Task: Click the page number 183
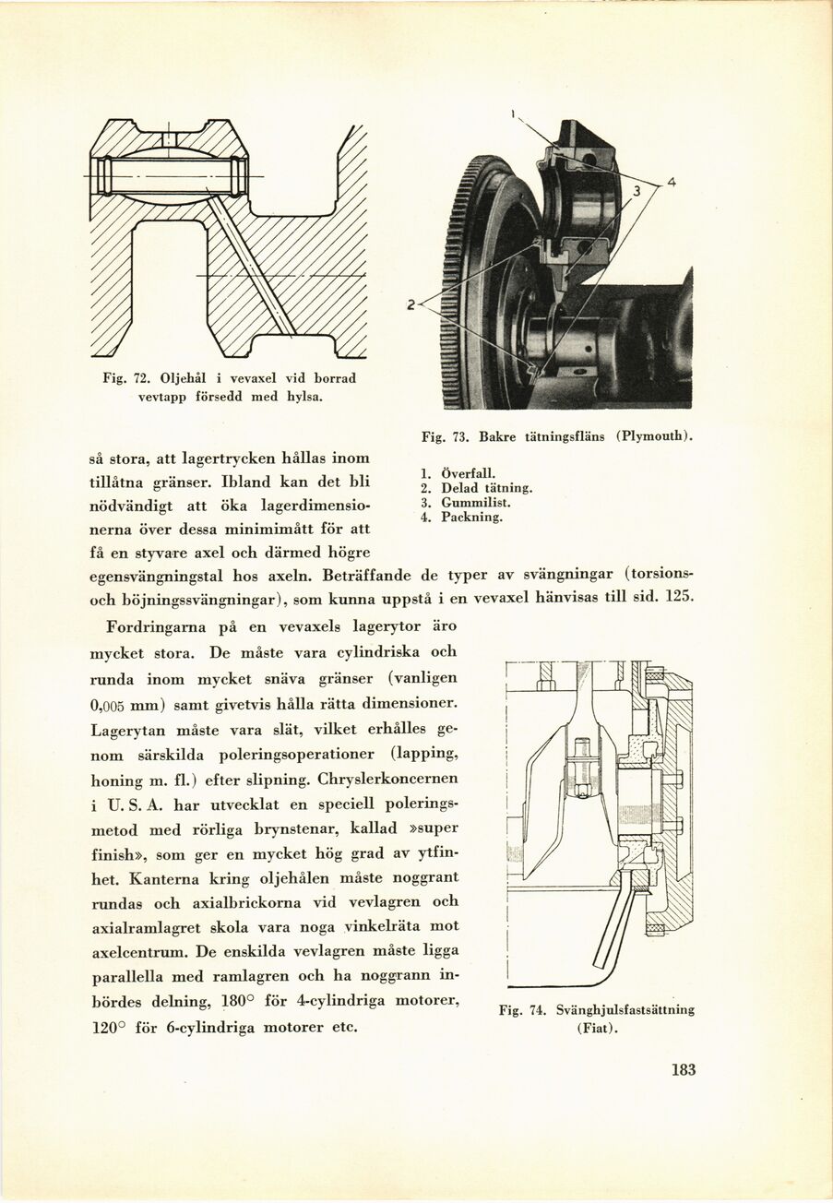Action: click(683, 1070)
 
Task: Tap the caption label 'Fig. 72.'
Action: click(129, 378)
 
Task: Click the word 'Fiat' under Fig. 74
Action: click(595, 1028)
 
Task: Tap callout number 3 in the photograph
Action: click(636, 192)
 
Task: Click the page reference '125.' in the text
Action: click(678, 597)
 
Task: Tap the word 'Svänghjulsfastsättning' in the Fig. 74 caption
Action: click(624, 1010)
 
